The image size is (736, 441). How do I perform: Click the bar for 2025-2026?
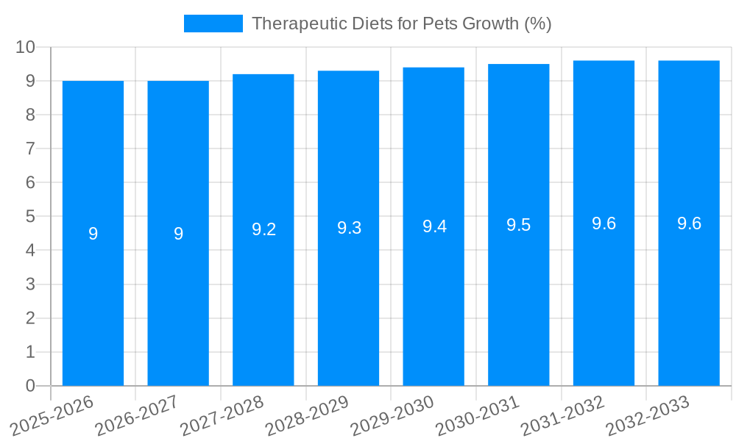[x=93, y=294]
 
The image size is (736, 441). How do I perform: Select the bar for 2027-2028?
[x=263, y=294]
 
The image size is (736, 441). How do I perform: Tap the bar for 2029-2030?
[x=434, y=294]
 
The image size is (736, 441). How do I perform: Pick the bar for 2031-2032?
[x=604, y=294]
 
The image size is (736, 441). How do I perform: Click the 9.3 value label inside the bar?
[x=349, y=228]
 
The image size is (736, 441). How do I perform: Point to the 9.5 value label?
[x=519, y=225]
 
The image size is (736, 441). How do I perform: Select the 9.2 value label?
[x=263, y=229]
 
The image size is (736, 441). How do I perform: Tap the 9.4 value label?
[x=434, y=226]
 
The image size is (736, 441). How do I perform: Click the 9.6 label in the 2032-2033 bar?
[x=689, y=223]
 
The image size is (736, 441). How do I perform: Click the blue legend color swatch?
[x=213, y=24]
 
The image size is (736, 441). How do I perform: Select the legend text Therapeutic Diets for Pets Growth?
[x=401, y=24]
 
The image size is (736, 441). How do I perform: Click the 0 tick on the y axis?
[x=30, y=386]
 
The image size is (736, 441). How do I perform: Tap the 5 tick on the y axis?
[x=30, y=217]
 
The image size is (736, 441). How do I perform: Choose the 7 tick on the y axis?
[x=30, y=148]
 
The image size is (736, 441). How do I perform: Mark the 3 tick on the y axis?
[x=30, y=284]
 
